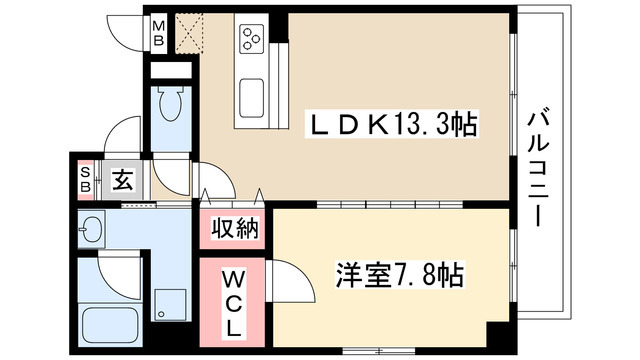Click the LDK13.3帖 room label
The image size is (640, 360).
pyautogui.click(x=390, y=126)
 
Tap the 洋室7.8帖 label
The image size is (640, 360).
pyautogui.click(x=401, y=273)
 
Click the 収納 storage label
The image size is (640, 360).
pyautogui.click(x=235, y=229)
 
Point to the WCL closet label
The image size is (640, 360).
pyautogui.click(x=232, y=300)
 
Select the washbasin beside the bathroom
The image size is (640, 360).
pyautogui.click(x=92, y=230)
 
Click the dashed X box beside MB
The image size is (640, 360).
pyautogui.click(x=187, y=35)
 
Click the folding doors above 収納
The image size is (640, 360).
pyautogui.click(x=234, y=195)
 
